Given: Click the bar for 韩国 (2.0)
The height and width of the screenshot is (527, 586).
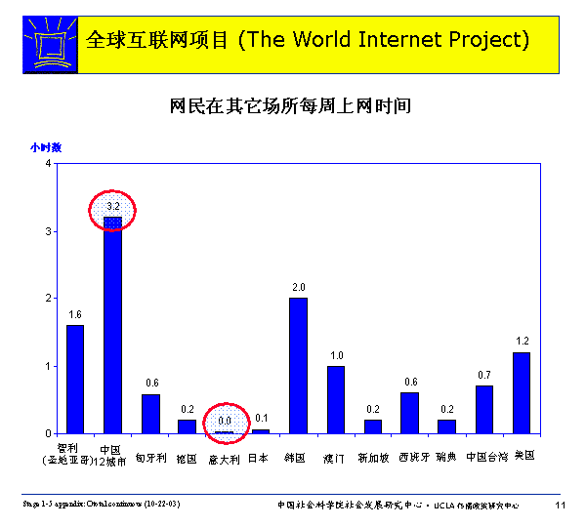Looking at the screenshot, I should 298,365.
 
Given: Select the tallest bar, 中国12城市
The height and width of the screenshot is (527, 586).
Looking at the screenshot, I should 112,325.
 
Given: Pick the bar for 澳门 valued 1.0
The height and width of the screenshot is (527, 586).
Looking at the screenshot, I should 335,399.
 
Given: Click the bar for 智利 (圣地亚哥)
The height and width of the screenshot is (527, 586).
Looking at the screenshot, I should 75,379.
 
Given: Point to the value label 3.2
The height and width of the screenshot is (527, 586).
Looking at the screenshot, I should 112,207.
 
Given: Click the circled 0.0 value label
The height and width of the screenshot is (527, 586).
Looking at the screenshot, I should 225,422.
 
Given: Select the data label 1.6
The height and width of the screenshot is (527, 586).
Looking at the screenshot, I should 75,314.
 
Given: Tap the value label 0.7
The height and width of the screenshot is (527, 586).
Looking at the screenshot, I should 484,375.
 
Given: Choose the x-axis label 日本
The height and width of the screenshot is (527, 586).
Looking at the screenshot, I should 260,457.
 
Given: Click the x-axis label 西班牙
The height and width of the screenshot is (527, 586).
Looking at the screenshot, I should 410,457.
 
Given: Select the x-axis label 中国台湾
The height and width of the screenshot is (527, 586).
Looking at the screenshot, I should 485,457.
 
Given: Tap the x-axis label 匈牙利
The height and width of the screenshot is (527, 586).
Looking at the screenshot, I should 150,457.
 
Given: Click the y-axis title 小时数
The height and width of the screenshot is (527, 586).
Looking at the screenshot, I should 46,147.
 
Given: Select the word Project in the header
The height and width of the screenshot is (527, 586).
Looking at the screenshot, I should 481,41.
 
